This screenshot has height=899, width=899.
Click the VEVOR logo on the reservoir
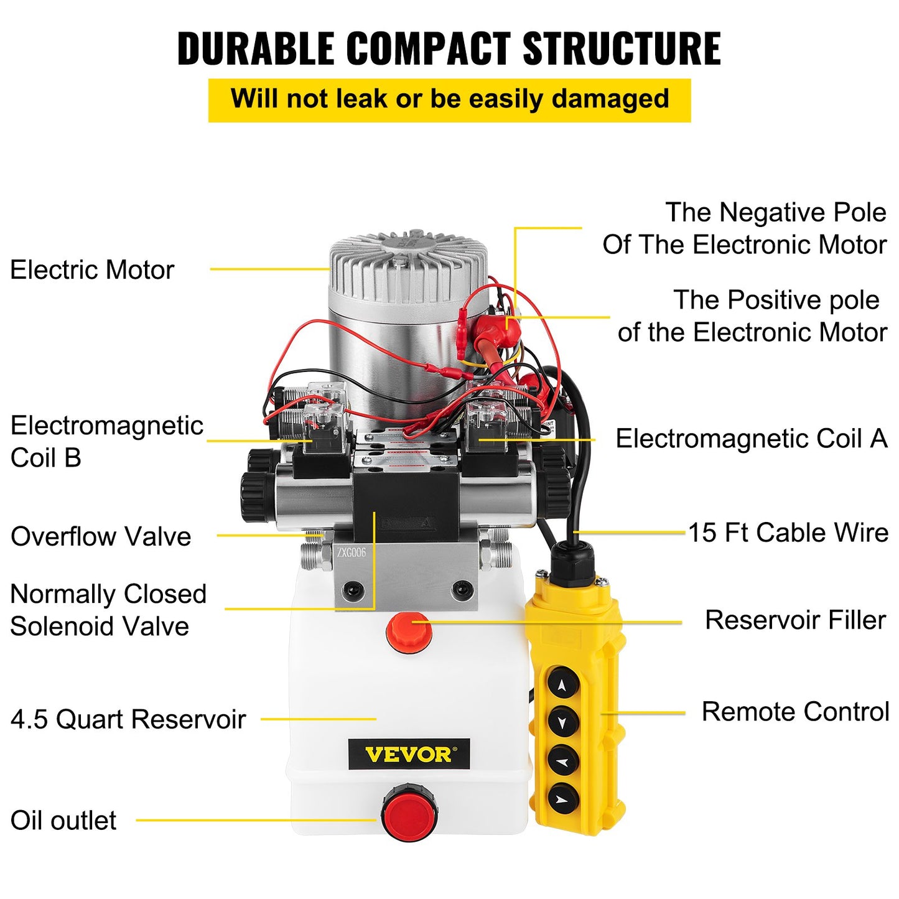(x=409, y=754)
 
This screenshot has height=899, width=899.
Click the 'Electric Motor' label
(x=92, y=270)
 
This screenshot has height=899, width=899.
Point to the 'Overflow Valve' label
(x=101, y=536)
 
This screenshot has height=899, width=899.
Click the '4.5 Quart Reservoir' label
(x=128, y=719)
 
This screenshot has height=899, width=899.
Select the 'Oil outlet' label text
(x=63, y=821)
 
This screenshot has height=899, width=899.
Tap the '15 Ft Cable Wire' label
(x=788, y=533)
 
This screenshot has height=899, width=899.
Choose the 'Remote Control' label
(x=795, y=712)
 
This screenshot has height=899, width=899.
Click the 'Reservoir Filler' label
(x=795, y=620)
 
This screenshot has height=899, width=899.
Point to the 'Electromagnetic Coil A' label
(x=751, y=439)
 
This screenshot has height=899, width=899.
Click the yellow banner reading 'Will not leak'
(x=449, y=100)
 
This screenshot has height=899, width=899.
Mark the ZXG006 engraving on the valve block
(x=352, y=552)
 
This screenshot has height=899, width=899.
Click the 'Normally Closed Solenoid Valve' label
(x=108, y=610)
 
